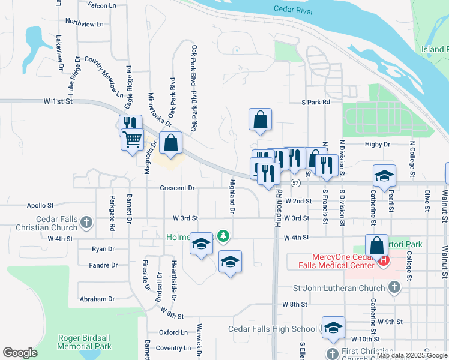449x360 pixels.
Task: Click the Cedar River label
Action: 294,9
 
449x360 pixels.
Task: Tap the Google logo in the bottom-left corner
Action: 20,352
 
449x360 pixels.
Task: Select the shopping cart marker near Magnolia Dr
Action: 133,140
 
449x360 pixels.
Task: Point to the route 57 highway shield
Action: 295,182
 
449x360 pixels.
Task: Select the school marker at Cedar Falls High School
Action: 333,327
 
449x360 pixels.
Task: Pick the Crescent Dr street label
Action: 177,188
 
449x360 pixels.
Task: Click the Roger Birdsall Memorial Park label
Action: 85,342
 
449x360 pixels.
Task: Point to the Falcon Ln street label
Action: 101,5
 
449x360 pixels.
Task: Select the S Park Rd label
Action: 316,103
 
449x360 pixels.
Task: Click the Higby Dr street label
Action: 378,145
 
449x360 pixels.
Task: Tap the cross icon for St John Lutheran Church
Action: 394,288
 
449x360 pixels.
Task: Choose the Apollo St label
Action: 41,205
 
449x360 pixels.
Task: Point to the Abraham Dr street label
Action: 96,299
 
